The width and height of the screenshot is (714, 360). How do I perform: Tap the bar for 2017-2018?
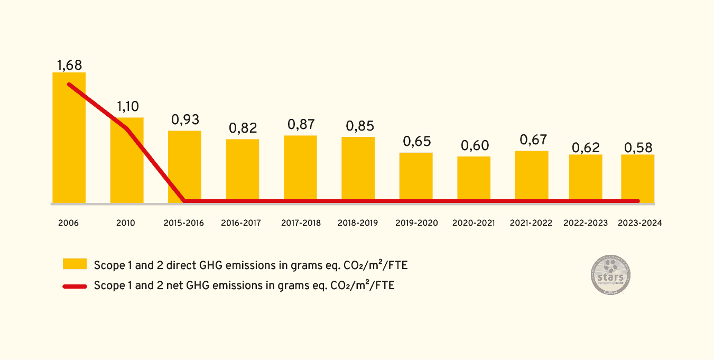300,169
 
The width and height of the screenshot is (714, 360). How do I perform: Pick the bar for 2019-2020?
416,178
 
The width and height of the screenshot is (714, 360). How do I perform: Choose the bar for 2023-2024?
638,179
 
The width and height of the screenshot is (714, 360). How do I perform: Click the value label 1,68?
69,65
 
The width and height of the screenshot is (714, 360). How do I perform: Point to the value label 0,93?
185,119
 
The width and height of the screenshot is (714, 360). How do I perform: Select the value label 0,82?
243,128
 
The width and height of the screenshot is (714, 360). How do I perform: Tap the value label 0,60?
475,145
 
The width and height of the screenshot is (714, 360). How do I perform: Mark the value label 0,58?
638,147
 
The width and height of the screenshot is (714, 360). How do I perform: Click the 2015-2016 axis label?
184,223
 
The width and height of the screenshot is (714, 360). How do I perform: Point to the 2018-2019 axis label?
358,223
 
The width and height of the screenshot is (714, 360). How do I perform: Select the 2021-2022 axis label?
531,223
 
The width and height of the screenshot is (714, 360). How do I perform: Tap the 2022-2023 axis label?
586,223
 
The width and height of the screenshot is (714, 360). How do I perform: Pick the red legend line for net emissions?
75,286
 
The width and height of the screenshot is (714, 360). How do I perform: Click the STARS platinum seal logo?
610,276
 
